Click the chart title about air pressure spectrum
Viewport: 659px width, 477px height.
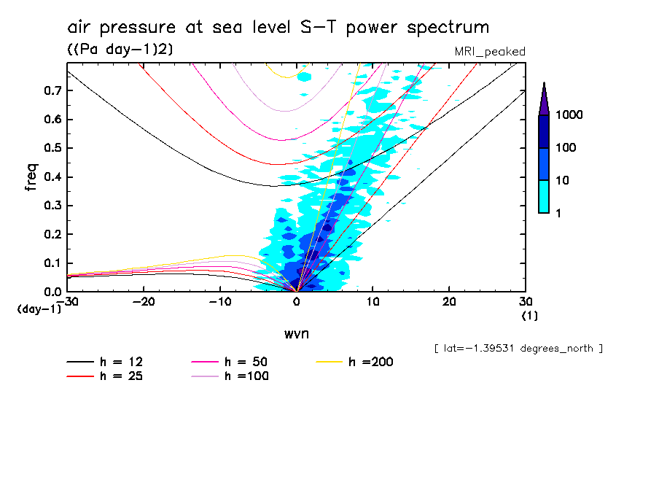click(x=278, y=28)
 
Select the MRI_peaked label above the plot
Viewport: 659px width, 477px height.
click(x=489, y=51)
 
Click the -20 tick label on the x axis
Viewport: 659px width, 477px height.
click(x=144, y=301)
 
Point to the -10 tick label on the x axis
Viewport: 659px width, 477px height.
click(x=219, y=301)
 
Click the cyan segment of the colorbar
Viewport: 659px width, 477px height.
click(x=544, y=196)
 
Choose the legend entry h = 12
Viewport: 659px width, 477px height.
click(x=106, y=362)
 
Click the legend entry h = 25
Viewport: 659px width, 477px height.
click(x=106, y=376)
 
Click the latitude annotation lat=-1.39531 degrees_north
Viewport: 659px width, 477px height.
click(x=518, y=348)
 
